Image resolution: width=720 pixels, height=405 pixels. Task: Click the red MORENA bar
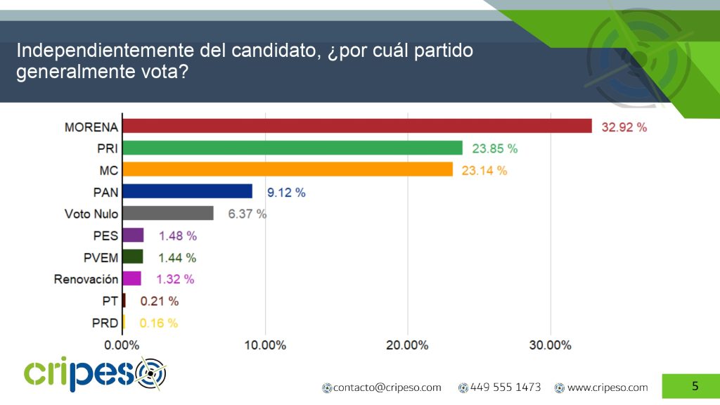tap(357, 126)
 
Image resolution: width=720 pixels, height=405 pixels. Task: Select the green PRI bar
tap(292, 148)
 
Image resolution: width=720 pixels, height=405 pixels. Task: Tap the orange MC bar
tap(288, 169)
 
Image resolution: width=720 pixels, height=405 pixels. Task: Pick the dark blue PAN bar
tap(187, 191)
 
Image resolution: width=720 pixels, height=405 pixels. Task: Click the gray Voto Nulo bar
tap(168, 213)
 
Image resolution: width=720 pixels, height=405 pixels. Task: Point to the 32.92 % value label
tap(624, 127)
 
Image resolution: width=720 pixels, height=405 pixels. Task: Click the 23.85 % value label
tap(494, 149)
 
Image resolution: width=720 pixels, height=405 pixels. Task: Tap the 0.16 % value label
tap(159, 323)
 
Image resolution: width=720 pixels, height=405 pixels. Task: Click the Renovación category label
tap(86, 279)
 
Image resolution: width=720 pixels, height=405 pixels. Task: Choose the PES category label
tap(105, 236)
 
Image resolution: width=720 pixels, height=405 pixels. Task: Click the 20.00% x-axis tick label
tap(407, 345)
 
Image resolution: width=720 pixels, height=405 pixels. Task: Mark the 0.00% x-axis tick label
tap(122, 345)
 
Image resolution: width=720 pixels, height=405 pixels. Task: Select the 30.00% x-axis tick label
tap(550, 345)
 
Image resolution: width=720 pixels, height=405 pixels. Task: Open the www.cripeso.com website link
tap(607, 387)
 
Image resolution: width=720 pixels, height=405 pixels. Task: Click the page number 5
tap(695, 385)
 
